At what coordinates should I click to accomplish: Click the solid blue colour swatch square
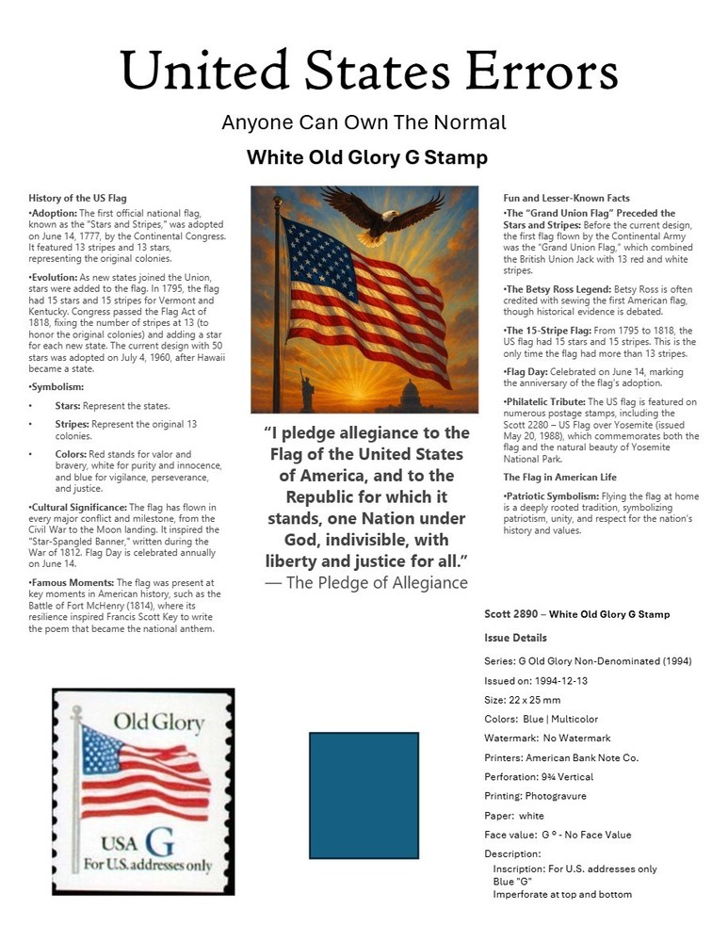(364, 796)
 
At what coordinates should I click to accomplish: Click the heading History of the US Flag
(77, 199)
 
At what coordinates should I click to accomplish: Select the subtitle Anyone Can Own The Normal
(364, 122)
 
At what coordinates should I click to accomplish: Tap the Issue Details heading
(515, 638)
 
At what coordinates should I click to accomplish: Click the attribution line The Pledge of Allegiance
(366, 583)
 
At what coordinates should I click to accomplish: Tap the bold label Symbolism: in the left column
(58, 387)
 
